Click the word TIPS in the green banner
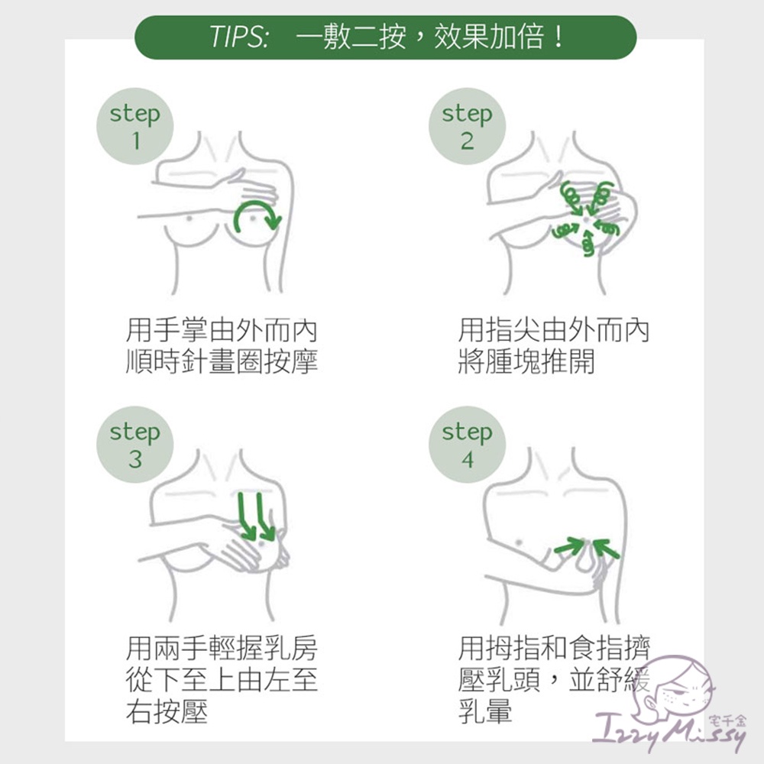[238, 37]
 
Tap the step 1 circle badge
[135, 126]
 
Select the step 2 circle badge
[468, 126]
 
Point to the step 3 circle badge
[135, 445]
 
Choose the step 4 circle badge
[468, 445]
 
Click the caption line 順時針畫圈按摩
[222, 361]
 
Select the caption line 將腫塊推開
[526, 361]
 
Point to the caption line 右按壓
[167, 711]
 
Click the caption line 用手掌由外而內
[222, 330]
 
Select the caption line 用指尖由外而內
[554, 330]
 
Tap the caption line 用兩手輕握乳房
[222, 648]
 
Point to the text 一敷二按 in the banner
[351, 37]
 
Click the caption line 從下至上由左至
[222, 680]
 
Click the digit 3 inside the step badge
[135, 459]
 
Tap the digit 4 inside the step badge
[468, 459]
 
